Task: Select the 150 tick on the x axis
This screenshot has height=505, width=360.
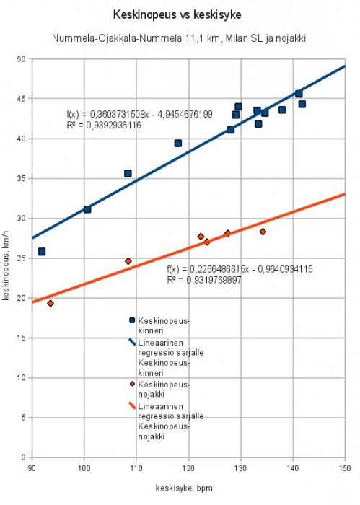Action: [x=345, y=467]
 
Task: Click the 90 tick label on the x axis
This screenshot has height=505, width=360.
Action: [x=32, y=467]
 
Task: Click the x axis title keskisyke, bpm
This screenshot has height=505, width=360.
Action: [x=184, y=488]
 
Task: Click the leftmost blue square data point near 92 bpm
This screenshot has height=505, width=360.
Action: [x=42, y=252]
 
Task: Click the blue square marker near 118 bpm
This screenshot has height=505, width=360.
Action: [x=178, y=144]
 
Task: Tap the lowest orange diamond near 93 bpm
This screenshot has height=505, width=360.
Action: [x=51, y=304]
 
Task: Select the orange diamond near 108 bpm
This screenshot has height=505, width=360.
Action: [x=128, y=261]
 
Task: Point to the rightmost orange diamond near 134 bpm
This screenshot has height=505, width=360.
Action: [x=263, y=232]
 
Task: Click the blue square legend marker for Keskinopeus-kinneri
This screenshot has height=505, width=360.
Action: [x=132, y=320]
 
